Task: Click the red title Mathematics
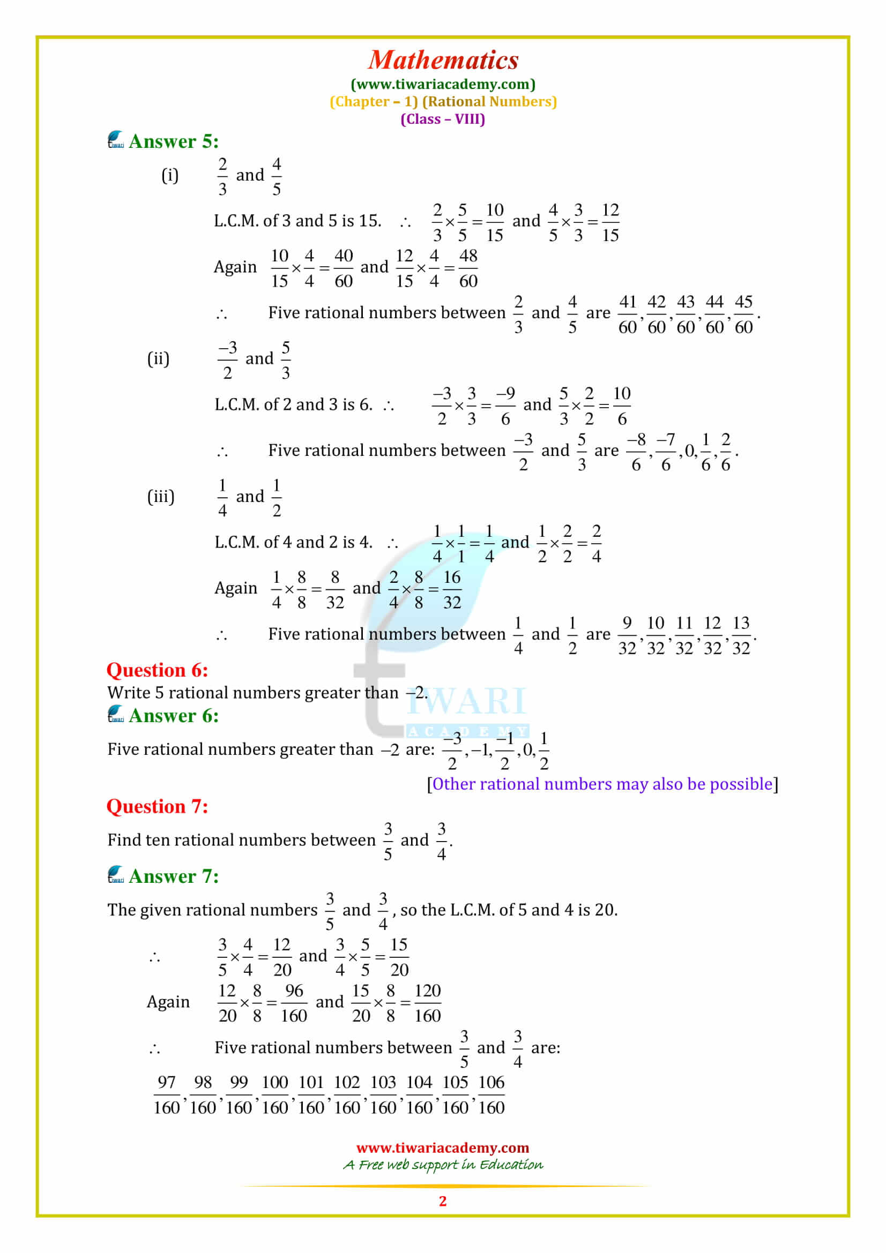tap(443, 60)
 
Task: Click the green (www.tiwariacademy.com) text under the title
tap(443, 84)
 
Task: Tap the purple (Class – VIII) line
tap(443, 119)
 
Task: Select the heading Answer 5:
tap(173, 141)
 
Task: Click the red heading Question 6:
tap(157, 670)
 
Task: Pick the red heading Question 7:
tap(157, 807)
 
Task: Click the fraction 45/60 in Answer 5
tap(743, 314)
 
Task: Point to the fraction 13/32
tap(740, 635)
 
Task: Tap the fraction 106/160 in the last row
tap(491, 1095)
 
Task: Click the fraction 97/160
tap(167, 1095)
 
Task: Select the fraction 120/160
tap(427, 1003)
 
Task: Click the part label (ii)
tap(158, 359)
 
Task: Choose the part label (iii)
tap(160, 497)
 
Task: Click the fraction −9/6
tap(505, 406)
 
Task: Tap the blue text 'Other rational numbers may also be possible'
tap(602, 784)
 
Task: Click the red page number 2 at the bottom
tap(443, 1201)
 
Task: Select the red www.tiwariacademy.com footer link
tap(443, 1147)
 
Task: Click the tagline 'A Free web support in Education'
tap(443, 1165)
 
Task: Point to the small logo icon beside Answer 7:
tap(115, 875)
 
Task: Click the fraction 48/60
tap(468, 268)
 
